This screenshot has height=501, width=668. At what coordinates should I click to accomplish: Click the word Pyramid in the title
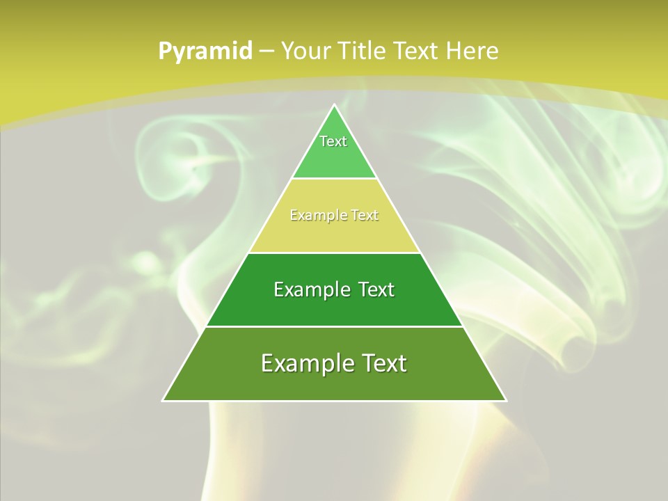205,51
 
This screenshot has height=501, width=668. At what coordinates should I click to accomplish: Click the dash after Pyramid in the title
266,51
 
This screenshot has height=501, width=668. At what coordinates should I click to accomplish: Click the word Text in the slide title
416,51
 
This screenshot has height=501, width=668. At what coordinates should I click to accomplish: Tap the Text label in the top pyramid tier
333,141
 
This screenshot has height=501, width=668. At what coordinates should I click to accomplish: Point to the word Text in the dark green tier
376,289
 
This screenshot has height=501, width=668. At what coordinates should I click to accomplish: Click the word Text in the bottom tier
383,363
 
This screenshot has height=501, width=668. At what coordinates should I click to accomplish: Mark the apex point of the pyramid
335,105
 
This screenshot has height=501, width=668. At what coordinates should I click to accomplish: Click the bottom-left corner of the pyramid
164,400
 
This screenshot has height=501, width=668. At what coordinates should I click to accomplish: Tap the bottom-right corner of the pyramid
506,400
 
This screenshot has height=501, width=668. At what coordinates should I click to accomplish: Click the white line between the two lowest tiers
335,326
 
